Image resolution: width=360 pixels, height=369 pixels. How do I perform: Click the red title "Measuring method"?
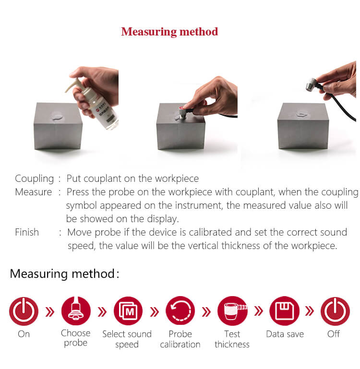click(x=169, y=32)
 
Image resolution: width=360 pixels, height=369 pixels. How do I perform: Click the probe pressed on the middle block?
click(x=184, y=112)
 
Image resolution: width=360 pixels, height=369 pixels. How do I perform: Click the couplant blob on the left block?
click(x=57, y=117)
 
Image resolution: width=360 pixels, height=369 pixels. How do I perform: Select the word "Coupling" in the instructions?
click(x=35, y=179)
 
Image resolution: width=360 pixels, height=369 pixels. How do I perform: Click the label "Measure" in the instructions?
click(x=34, y=192)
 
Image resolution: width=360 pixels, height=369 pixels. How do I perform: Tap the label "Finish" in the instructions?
click(x=27, y=232)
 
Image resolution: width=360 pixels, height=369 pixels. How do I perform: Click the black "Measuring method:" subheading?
click(x=64, y=274)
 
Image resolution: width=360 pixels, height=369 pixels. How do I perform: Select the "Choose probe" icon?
click(x=76, y=311)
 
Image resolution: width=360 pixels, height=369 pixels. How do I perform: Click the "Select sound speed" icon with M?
click(x=128, y=311)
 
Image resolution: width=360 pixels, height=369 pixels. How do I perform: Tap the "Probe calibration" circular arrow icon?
click(x=180, y=310)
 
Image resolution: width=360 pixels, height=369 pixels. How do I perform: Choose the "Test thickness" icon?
click(x=232, y=311)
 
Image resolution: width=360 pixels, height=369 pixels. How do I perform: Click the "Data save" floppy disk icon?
click(x=285, y=311)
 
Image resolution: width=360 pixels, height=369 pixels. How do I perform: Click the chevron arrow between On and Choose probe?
click(x=49, y=312)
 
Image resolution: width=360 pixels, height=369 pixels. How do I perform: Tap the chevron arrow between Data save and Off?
click(x=310, y=311)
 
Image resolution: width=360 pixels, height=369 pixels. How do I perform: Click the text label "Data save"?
click(x=285, y=334)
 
